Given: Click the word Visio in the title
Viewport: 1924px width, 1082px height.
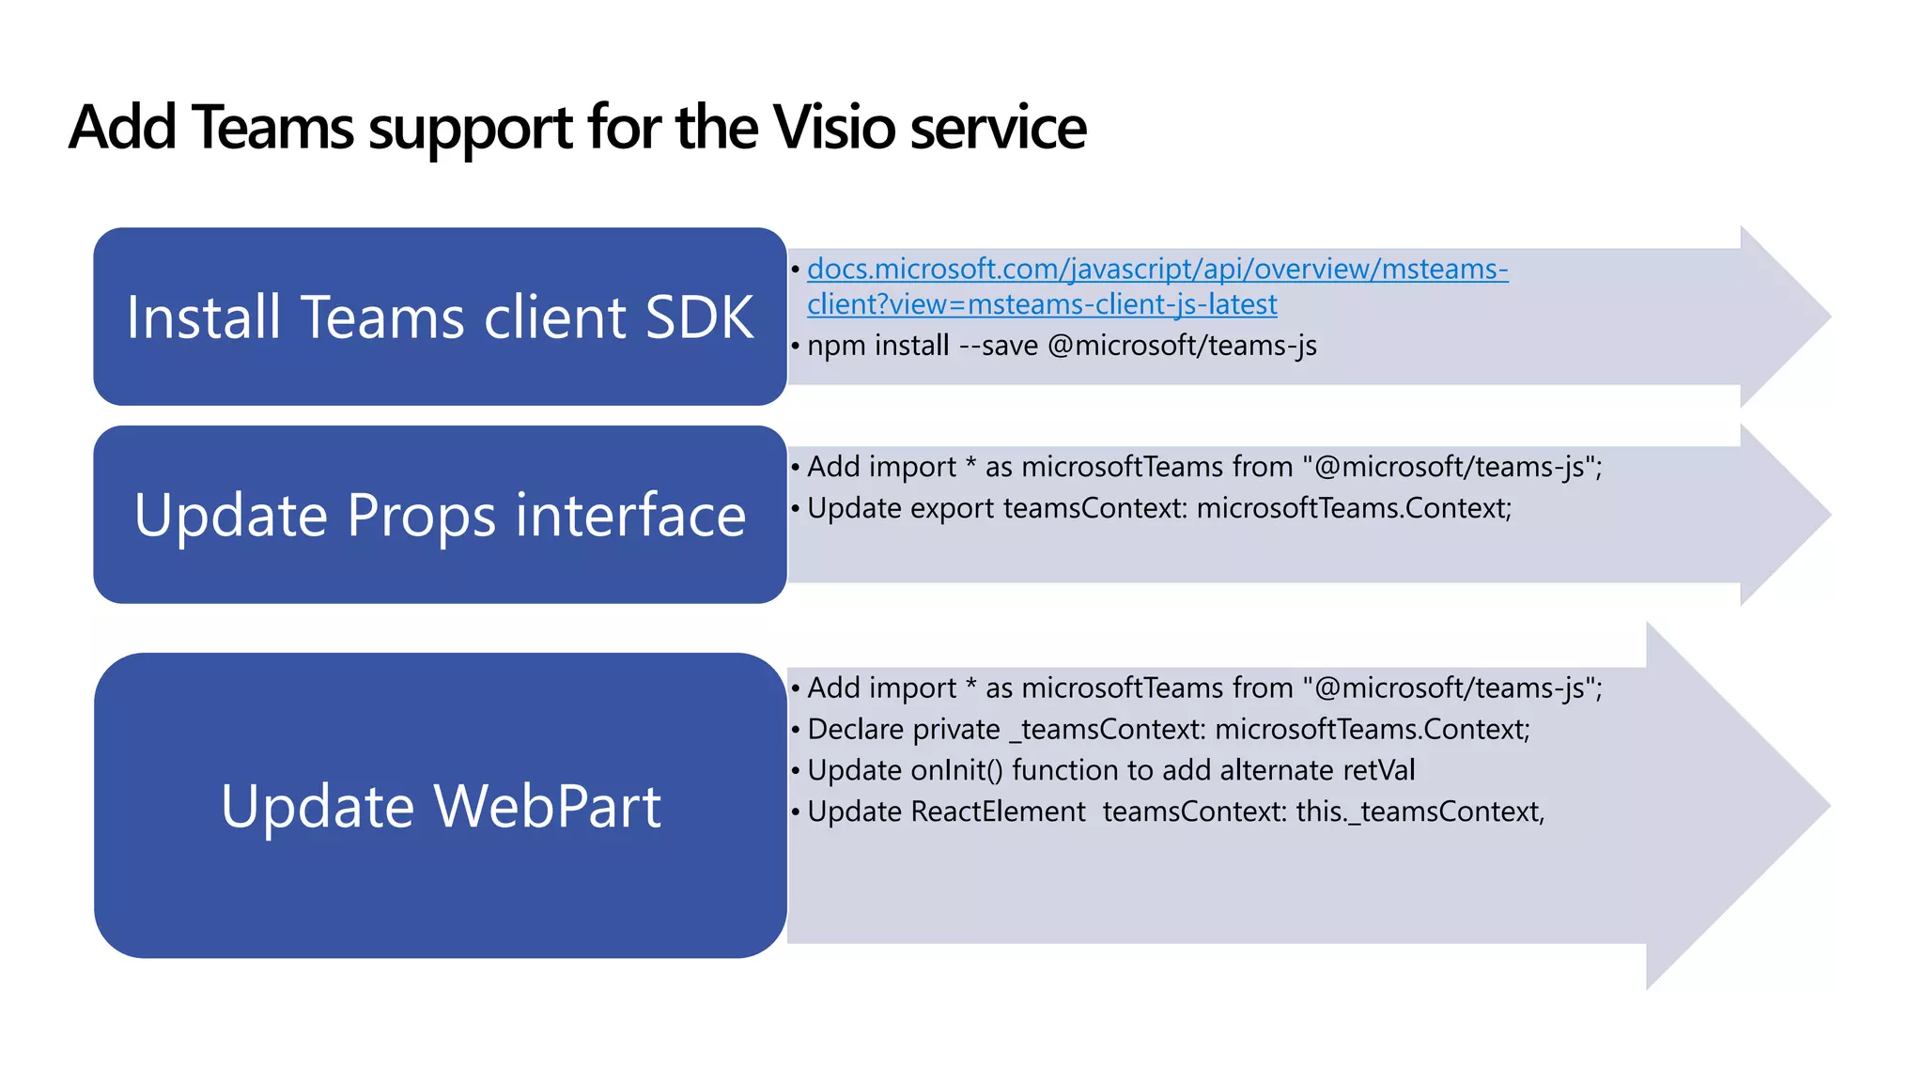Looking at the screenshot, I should tap(836, 128).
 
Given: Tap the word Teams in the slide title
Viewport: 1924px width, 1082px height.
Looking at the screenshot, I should tap(273, 128).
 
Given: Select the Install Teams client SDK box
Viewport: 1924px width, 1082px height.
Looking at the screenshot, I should tap(440, 317).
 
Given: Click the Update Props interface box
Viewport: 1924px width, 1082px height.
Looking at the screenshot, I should tap(440, 515).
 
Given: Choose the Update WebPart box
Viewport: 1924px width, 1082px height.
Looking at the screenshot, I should tap(440, 806).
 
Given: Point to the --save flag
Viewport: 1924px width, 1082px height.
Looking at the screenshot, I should tap(999, 346).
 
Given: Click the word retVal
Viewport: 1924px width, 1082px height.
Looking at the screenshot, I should tap(1379, 771).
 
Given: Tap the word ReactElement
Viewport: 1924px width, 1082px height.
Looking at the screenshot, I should tap(998, 811).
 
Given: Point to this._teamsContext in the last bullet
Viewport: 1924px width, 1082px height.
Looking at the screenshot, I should tap(1419, 811).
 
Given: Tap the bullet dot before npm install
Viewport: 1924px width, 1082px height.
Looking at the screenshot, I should tap(796, 347).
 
